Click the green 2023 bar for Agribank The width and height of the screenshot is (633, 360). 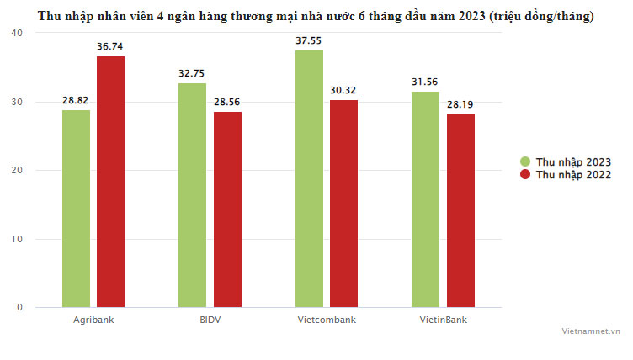point(76,209)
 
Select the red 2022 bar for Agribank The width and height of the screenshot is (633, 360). point(110,182)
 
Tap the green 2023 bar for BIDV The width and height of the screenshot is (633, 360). point(192,195)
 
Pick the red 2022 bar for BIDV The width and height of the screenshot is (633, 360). point(227,209)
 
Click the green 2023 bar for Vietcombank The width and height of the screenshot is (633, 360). point(309,178)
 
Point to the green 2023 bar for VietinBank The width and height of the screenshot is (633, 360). point(425,199)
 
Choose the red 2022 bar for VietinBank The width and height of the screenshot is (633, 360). point(460,211)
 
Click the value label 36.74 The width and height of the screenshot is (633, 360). point(110,47)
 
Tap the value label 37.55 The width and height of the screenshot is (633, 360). point(309,41)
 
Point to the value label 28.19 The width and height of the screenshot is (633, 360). point(460,105)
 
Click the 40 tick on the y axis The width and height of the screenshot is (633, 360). point(17,32)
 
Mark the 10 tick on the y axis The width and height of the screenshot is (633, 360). point(17,239)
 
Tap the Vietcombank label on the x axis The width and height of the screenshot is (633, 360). point(327,320)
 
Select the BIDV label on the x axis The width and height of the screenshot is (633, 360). point(210,320)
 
